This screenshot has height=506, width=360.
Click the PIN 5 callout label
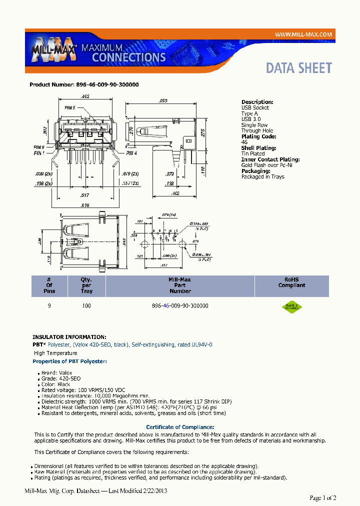click(x=69, y=107)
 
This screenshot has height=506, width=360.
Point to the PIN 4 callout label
click(x=131, y=153)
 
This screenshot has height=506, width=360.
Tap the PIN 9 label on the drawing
click(x=39, y=147)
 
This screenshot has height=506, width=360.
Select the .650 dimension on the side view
click(x=163, y=100)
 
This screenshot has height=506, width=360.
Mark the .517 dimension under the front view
click(x=85, y=195)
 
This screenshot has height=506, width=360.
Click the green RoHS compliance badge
click(x=291, y=307)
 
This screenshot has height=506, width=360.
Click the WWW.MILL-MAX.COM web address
click(x=303, y=34)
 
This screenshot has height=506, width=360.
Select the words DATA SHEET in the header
click(x=298, y=68)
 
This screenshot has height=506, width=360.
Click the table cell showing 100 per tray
click(x=86, y=305)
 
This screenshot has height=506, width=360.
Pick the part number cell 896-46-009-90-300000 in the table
click(x=180, y=305)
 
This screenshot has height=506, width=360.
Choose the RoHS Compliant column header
click(x=291, y=282)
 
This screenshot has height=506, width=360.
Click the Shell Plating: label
click(x=258, y=148)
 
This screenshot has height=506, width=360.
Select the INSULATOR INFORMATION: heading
click(x=69, y=337)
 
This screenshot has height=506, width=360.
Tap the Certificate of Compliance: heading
click(x=180, y=427)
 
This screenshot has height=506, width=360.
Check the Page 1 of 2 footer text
click(x=323, y=497)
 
